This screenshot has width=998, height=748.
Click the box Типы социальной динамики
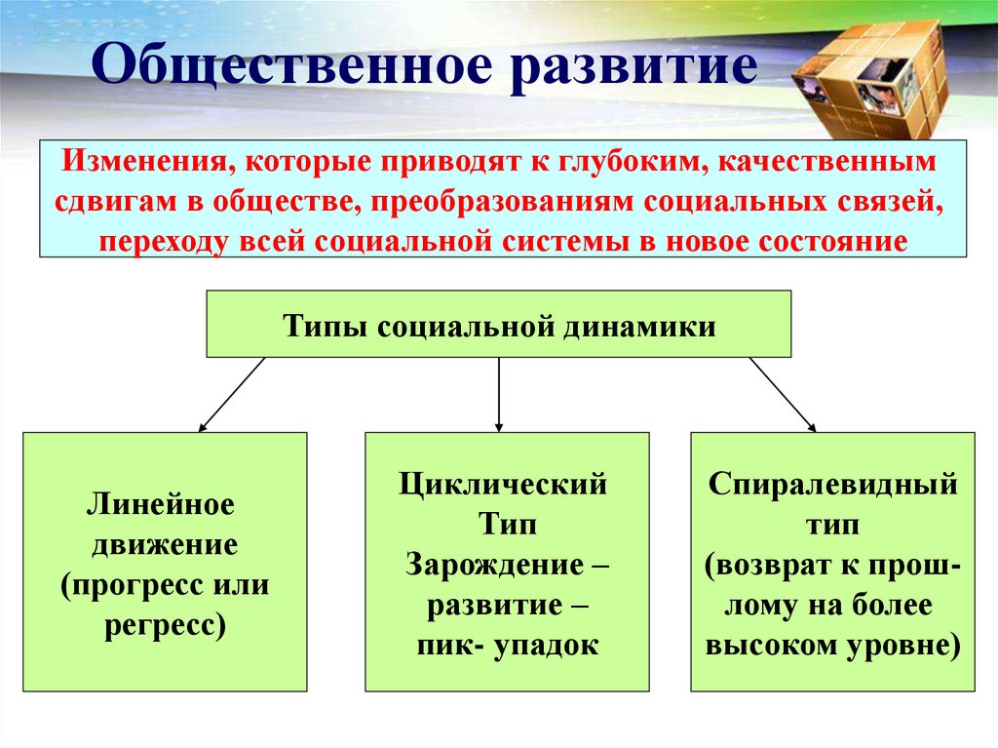click(498, 324)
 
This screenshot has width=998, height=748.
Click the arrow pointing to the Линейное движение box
click(231, 394)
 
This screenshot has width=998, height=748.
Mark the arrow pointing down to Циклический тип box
click(498, 394)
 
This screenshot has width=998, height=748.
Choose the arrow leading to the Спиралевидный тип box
click(782, 394)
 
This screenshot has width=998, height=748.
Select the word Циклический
click(503, 484)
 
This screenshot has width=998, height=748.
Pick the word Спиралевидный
click(832, 484)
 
